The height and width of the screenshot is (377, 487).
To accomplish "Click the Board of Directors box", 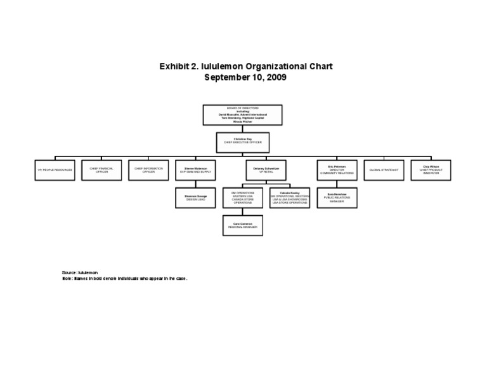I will point(243,114).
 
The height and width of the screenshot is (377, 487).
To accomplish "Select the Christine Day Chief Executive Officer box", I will point(243,142).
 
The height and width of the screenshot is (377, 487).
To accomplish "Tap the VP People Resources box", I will point(55,170).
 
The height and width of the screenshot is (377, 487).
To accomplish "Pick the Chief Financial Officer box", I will point(101,170).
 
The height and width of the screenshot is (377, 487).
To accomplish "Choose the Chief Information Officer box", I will point(148,170).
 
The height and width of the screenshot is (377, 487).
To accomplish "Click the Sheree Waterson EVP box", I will point(195,170).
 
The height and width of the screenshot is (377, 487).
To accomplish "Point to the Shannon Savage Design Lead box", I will point(195,197).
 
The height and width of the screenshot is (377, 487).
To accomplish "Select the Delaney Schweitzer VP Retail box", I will point(266,170).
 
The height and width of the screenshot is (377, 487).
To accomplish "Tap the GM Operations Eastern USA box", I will point(242,197).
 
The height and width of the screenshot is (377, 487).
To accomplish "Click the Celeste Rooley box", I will point(290,197).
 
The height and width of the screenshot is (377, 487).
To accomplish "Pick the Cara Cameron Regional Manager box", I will point(242,225).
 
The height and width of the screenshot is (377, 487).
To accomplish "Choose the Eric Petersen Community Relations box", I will point(337,170).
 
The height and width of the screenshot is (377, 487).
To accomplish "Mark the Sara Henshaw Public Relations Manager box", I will point(337,197).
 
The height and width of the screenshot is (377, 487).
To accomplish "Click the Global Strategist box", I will point(384,170).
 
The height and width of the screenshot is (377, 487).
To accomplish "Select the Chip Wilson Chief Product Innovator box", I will point(431,170).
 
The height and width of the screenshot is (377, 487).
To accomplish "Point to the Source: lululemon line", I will point(79,272).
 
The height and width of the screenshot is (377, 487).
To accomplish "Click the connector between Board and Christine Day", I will point(243,128).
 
